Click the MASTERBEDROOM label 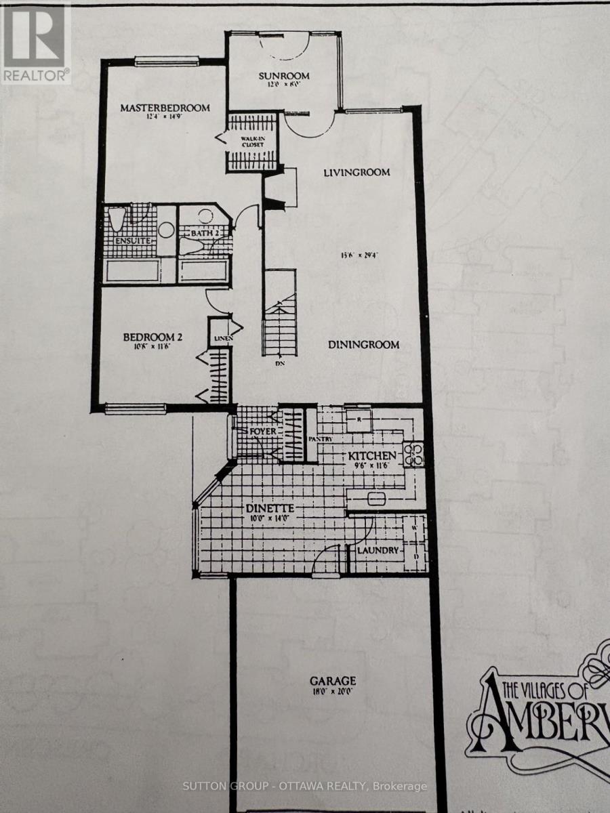coord(165,108)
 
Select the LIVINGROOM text coord(357,172)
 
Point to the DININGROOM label coord(364,344)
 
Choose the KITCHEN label coord(372,457)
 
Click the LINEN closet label coord(221,339)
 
